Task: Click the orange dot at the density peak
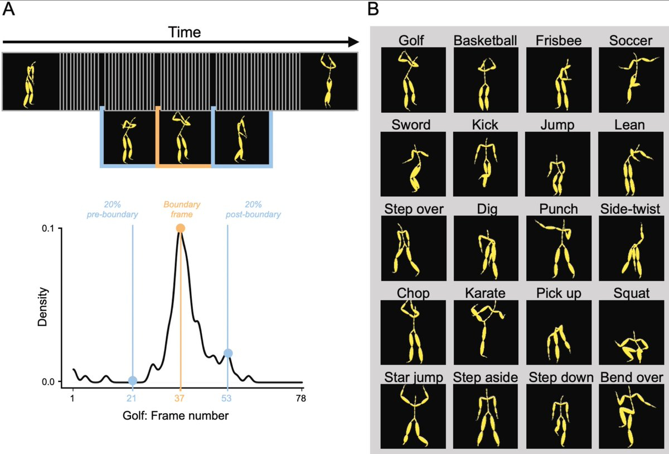(x=180, y=228)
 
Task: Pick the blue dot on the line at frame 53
(x=227, y=353)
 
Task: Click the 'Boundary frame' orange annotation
(x=180, y=209)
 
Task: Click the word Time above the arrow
(x=185, y=32)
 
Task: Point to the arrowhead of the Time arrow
(x=353, y=42)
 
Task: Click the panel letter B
(x=374, y=9)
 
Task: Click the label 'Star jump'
(x=413, y=377)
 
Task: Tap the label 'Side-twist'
(x=631, y=208)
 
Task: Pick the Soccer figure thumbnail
(x=631, y=79)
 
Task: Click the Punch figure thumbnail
(x=558, y=248)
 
